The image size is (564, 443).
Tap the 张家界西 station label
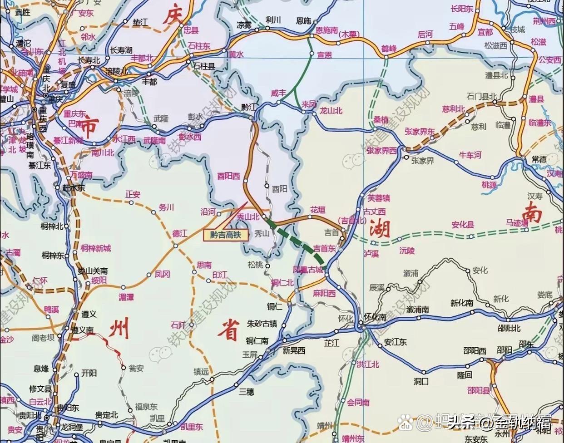(381, 150)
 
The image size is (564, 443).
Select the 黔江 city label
(249, 107)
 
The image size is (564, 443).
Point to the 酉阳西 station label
(228, 176)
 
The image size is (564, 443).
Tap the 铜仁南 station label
(257, 340)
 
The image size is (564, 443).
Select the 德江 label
(180, 233)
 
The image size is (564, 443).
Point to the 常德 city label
(539, 159)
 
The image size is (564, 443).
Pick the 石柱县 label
(204, 66)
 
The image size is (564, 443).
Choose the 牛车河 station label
(470, 155)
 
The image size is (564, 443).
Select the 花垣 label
(318, 210)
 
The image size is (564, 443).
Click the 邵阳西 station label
(475, 351)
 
